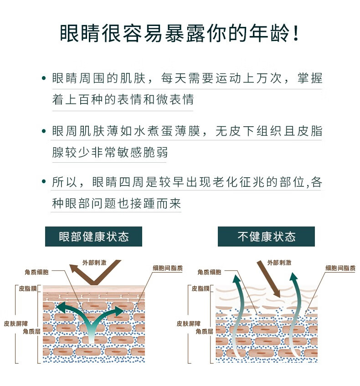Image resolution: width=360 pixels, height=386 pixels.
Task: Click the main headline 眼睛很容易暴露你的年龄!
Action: tap(180, 33)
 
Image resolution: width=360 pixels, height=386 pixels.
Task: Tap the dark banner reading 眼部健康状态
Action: tap(93, 237)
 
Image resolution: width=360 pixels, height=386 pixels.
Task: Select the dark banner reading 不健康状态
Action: tap(266, 237)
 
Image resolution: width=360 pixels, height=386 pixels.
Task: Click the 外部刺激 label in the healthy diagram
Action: tap(94, 262)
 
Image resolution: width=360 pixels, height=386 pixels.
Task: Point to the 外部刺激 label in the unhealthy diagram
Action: tap(279, 262)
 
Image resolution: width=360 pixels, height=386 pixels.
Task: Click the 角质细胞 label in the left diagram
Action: tap(36, 272)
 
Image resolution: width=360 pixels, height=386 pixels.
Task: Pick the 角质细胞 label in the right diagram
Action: tap(209, 272)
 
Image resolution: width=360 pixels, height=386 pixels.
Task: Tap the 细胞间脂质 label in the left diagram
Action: tap(168, 268)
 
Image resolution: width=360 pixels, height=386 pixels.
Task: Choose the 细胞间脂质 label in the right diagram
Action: tap(340, 268)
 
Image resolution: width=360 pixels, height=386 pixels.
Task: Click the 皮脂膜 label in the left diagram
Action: tap(28, 288)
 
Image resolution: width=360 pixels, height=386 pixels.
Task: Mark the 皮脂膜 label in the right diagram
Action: tap(201, 288)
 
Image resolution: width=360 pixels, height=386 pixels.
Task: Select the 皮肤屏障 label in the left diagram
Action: tap(16, 324)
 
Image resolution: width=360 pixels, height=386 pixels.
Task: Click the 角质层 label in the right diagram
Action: tap(204, 331)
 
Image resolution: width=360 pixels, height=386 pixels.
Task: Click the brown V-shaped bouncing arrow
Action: tap(93, 282)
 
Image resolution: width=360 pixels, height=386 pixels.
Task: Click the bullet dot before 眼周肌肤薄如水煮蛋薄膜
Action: tap(44, 131)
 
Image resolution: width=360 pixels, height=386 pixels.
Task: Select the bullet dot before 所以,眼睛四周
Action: tap(44, 182)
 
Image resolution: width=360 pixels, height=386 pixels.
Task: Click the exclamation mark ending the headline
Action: tap(296, 33)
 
